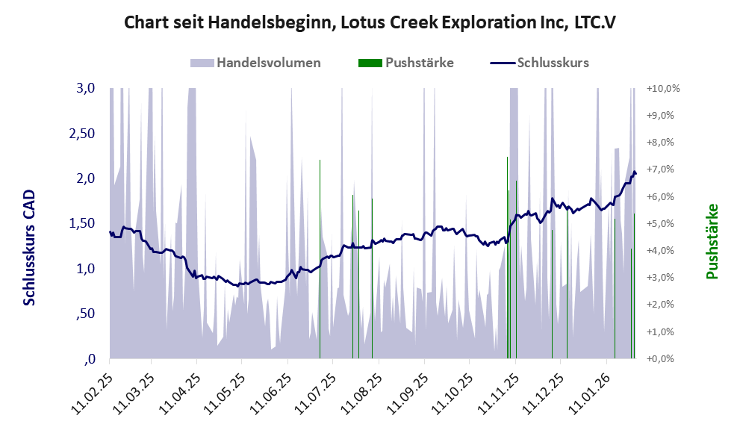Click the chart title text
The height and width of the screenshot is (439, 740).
(369, 22)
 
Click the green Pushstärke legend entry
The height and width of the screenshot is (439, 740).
(419, 63)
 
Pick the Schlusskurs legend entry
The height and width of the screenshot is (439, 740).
(553, 63)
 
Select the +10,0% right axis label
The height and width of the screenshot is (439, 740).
(664, 88)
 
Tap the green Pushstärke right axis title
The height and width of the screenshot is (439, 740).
(711, 241)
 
